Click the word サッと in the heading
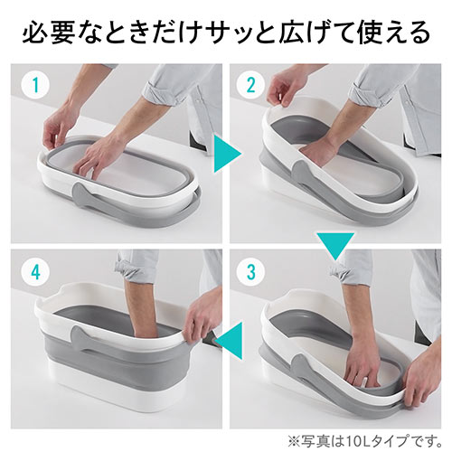[233, 33]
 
